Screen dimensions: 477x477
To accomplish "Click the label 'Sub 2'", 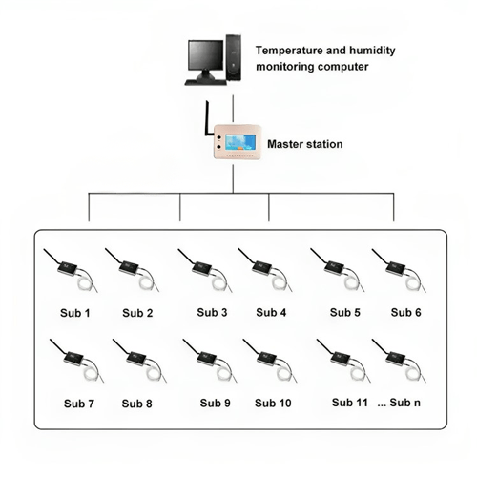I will (x=137, y=312).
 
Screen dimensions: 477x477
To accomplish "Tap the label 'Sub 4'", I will (x=270, y=312).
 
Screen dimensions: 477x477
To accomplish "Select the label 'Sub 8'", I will (x=137, y=403).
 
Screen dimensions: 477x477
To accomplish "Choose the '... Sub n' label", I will (x=402, y=403).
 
